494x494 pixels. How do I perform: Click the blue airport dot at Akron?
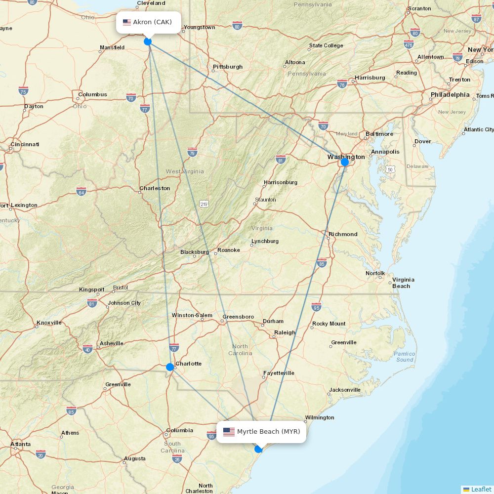tap(148, 41)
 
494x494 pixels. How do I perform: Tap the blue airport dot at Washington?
tap(345, 162)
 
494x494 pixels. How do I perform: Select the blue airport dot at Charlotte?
tap(170, 367)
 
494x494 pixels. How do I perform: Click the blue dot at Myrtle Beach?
tap(258, 449)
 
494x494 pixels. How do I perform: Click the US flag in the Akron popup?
tap(127, 22)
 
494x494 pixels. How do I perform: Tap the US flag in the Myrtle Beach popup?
tap(229, 432)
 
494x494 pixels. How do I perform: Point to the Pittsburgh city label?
tap(228, 67)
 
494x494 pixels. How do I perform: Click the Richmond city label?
tap(343, 234)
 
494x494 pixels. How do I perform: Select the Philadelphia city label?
tap(450, 94)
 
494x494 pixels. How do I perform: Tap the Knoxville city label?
tap(49, 323)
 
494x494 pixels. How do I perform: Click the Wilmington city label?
tap(320, 417)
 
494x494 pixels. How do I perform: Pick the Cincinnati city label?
tap(24, 144)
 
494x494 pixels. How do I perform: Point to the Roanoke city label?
tap(229, 250)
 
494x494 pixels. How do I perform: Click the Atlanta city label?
tap(21, 444)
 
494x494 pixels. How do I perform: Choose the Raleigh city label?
tap(285, 332)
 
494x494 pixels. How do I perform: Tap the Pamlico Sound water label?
tap(405, 357)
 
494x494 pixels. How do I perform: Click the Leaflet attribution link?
tap(481, 489)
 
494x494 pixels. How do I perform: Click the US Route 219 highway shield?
tap(204, 204)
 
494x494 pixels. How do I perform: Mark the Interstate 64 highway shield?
tap(81, 191)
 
